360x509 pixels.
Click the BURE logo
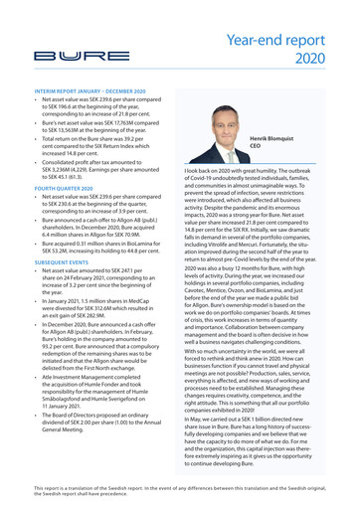click(x=62, y=56)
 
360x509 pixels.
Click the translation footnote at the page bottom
click(x=179, y=491)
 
